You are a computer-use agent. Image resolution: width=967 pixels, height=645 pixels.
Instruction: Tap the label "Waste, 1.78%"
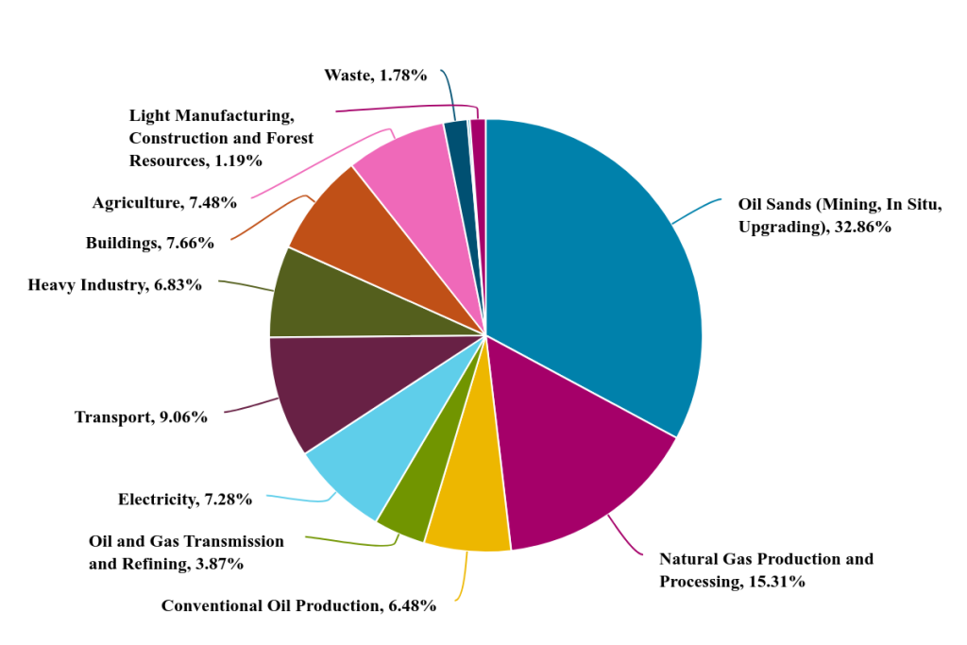point(375,75)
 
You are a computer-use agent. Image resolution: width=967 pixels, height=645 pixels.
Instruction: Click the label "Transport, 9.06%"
point(141,416)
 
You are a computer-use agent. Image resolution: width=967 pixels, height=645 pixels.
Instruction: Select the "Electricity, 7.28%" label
point(185,500)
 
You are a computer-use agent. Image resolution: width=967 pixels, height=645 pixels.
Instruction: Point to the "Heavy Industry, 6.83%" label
point(114,284)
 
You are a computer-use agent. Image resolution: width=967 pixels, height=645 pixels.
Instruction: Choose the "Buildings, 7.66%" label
point(149,243)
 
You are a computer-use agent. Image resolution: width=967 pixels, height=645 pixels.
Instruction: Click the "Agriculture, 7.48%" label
point(164,202)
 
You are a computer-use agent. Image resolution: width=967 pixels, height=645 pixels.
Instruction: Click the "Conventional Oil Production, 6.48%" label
point(298,605)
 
